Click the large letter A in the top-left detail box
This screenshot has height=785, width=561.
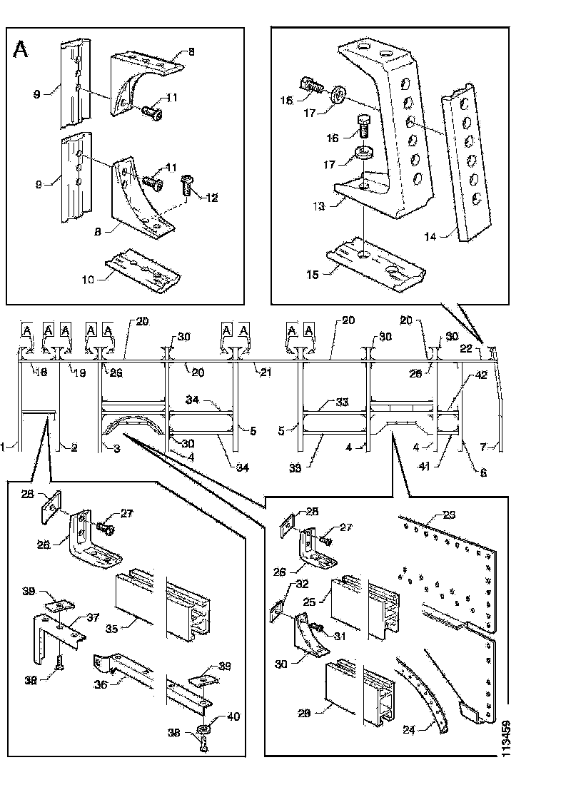tap(22, 49)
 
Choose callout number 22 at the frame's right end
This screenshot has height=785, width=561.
tap(465, 348)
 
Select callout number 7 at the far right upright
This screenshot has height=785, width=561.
tap(485, 447)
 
